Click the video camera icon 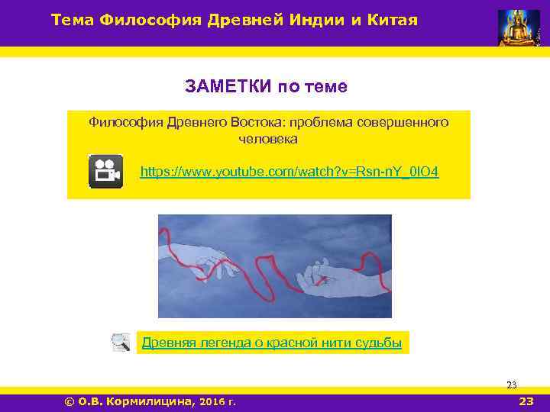(105, 172)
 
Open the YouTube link (290, 172)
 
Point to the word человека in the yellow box (268, 140)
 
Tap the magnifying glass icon (120, 343)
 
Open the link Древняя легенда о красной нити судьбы (271, 343)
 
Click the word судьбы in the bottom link (378, 343)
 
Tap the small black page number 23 (512, 385)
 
